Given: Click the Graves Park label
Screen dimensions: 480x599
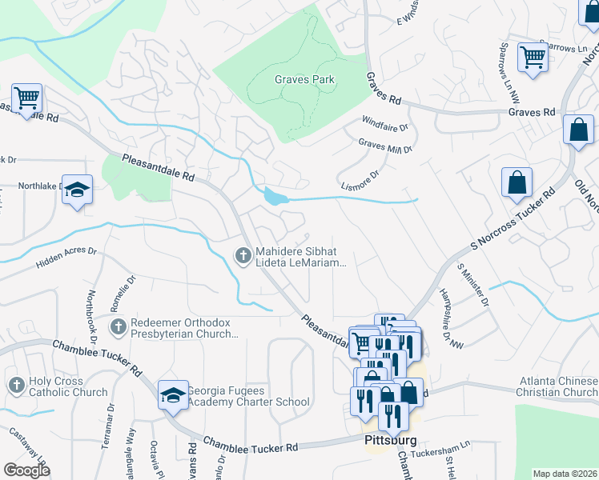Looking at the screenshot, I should (304, 79).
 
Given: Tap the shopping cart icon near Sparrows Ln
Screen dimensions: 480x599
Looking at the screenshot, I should (532, 57).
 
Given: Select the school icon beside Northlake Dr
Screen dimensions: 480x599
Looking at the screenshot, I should (77, 190).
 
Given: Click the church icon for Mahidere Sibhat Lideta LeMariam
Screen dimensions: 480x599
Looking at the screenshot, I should (243, 255).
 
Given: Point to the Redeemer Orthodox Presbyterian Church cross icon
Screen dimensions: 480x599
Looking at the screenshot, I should (119, 326).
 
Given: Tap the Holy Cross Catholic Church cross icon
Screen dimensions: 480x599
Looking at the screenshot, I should (16, 386).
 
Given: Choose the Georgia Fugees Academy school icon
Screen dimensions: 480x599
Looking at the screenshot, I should (172, 396).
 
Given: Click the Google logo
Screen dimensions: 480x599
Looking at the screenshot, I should (26, 470).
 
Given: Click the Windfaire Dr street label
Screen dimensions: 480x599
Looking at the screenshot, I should (384, 126).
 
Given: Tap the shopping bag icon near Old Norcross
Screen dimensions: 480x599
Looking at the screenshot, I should (578, 130).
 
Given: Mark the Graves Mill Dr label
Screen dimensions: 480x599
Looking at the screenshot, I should (385, 146).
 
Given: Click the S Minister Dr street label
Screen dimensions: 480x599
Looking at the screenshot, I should (472, 286).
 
